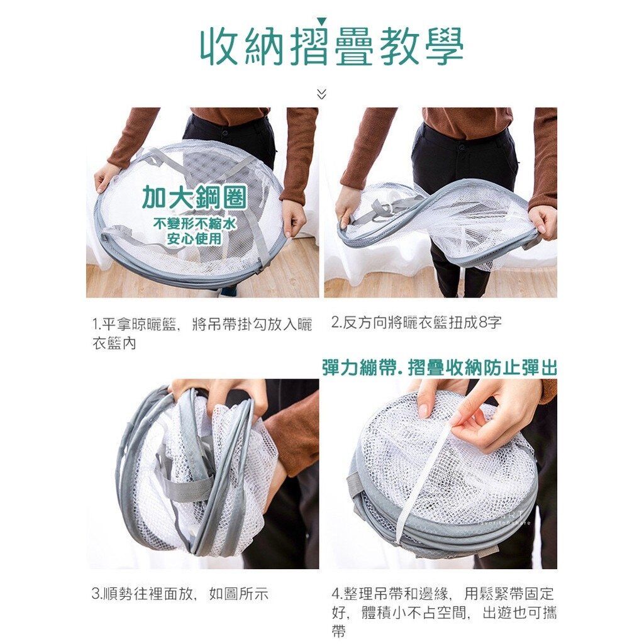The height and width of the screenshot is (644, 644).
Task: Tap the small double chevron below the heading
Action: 321,94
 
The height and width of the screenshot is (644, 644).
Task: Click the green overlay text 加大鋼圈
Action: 194,197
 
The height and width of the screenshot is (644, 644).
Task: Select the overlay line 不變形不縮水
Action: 194,224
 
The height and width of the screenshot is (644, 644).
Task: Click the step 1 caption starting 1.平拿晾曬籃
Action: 202,333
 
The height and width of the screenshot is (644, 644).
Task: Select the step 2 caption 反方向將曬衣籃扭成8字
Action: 416,323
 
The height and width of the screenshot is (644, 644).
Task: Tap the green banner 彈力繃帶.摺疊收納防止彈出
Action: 439,367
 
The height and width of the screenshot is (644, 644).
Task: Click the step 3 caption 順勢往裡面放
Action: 180,594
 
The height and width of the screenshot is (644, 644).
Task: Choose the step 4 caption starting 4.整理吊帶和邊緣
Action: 444,611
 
